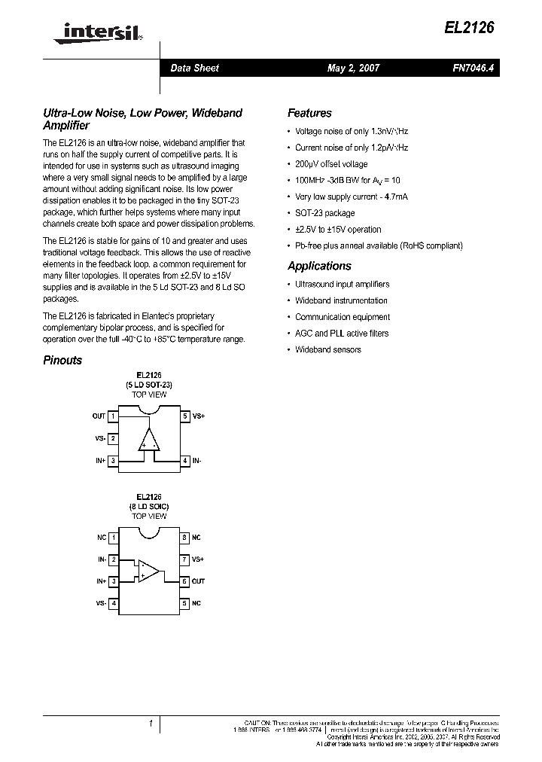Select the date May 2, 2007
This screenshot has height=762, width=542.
(353, 68)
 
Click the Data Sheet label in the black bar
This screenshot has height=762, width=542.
(194, 68)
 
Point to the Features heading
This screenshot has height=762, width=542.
(309, 113)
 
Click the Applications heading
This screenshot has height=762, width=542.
(319, 266)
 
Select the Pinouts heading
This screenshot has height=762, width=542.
(62, 360)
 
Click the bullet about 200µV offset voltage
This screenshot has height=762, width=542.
(331, 163)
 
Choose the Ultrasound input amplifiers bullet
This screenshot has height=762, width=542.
(342, 284)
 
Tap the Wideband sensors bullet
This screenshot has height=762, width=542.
(327, 349)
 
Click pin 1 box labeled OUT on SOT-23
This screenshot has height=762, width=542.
(113, 416)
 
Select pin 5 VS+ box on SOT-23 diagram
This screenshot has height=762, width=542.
(185, 416)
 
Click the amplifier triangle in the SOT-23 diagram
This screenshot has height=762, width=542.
(149, 441)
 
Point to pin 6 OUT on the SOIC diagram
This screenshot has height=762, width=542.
(184, 581)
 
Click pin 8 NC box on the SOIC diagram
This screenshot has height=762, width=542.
(184, 538)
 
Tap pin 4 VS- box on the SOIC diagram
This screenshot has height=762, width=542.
(113, 603)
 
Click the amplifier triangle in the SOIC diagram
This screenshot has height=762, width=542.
(148, 571)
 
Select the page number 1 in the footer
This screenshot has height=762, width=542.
(151, 724)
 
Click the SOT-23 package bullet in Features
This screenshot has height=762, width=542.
(324, 213)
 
